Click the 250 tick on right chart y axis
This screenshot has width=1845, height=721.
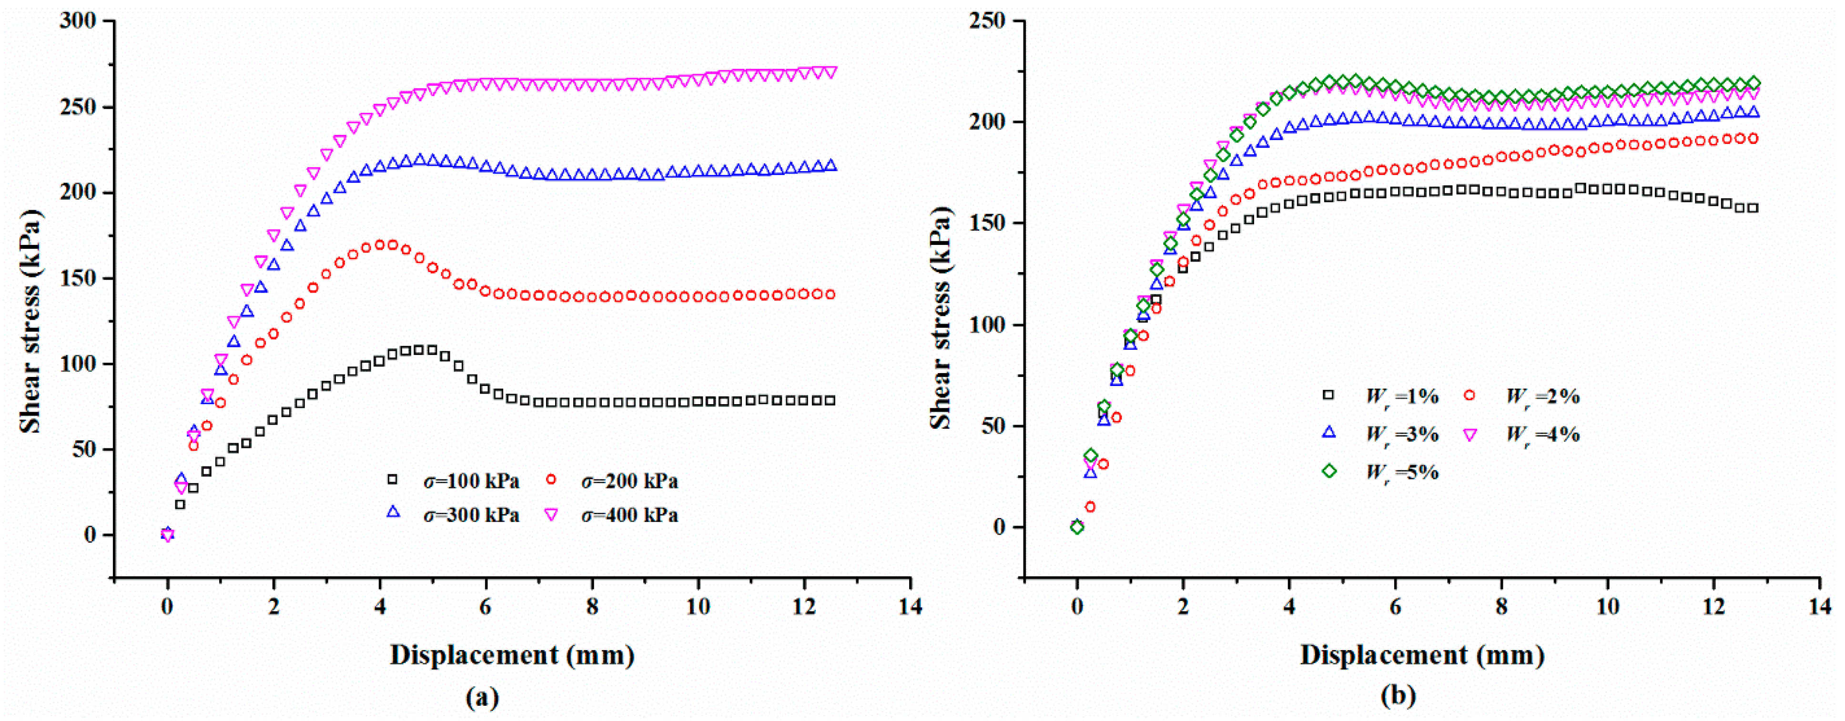[x=988, y=21]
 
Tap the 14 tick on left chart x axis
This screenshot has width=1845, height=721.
[x=910, y=607]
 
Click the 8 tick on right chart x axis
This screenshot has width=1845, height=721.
[x=1501, y=607]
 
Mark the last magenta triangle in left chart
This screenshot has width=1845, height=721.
[x=831, y=72]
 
